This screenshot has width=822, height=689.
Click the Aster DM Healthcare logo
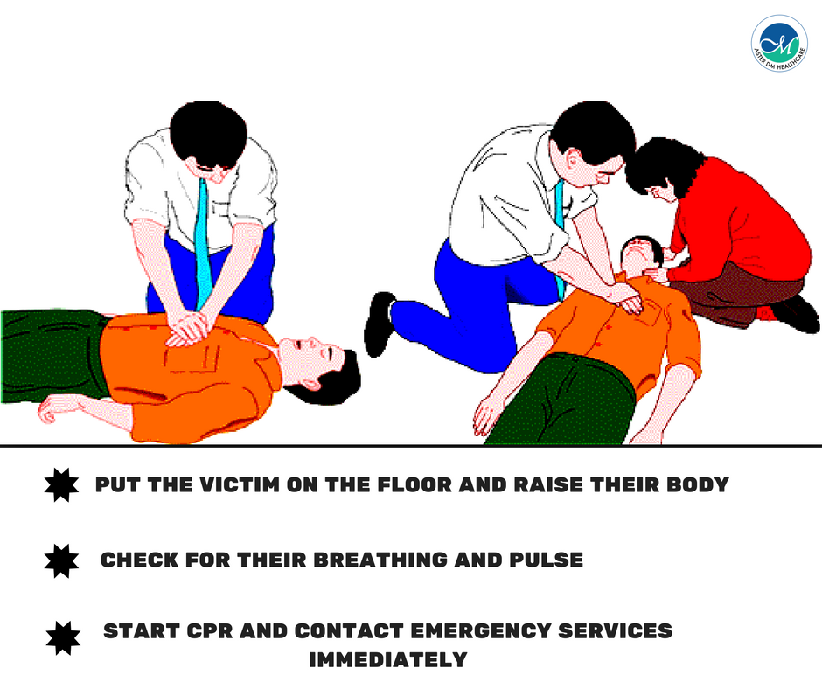click(x=778, y=41)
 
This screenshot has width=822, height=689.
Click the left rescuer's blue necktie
click(x=203, y=236)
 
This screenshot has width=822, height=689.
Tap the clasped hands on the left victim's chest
click(x=187, y=327)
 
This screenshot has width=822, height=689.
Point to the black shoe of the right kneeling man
click(x=379, y=324)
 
